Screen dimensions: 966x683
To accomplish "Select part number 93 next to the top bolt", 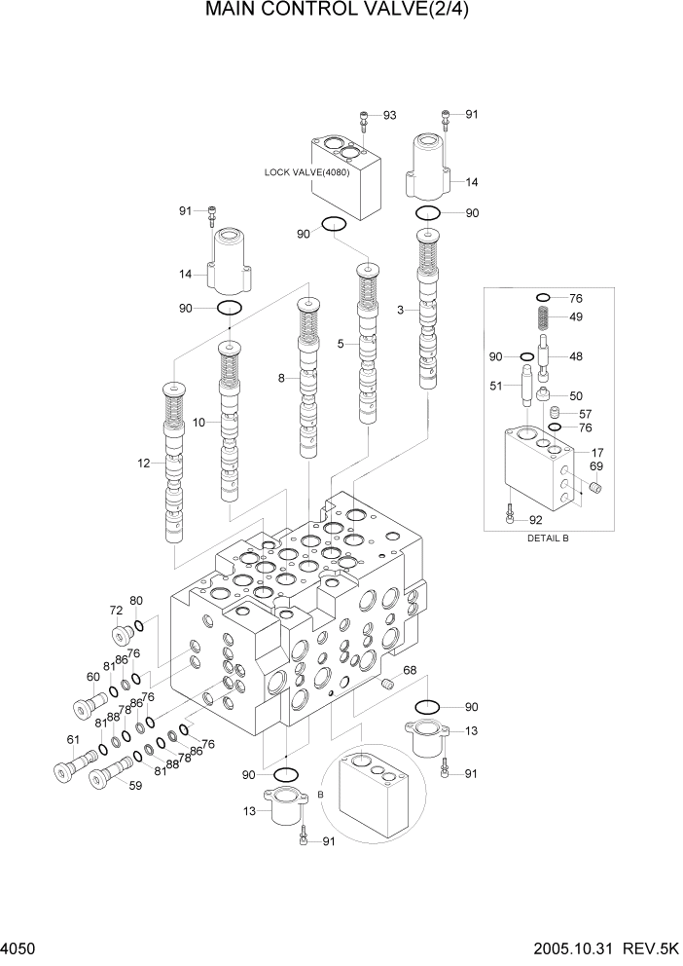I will tap(389, 116).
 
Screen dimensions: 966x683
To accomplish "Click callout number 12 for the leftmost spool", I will tap(144, 464).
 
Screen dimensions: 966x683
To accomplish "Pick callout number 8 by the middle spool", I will tap(281, 378).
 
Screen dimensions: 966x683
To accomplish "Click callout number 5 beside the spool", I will tap(341, 344).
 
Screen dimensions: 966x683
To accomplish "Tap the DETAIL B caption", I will tap(548, 538).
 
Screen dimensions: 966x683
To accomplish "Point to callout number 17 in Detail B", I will tap(596, 452).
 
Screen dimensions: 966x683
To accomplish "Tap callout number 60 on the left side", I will tap(93, 678).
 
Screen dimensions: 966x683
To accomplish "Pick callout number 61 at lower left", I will tap(72, 740).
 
